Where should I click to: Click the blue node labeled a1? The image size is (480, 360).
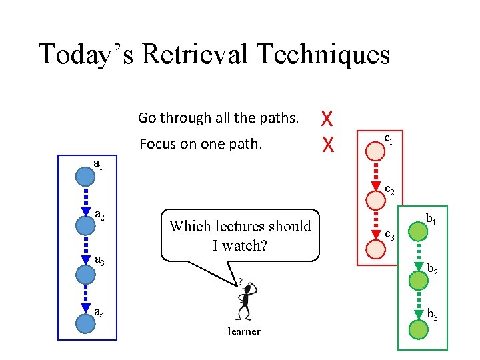85,177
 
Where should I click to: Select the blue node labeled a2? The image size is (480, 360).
85,225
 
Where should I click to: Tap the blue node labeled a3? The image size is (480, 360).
85,274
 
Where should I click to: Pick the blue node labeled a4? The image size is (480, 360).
85,323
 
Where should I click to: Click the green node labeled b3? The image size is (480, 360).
417,329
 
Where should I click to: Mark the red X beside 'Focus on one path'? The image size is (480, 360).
327,143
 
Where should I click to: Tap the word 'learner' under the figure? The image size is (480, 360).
244,332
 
